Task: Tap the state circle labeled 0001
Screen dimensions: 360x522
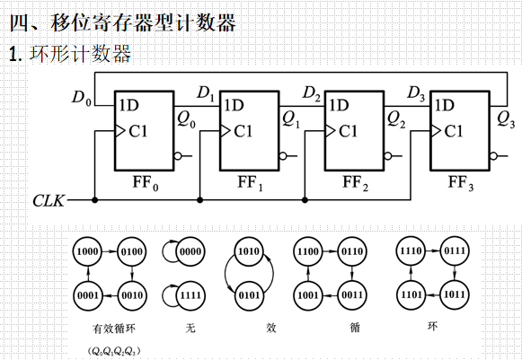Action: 87,294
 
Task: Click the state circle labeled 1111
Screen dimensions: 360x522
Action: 189,294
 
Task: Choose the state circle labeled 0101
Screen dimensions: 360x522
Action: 249,294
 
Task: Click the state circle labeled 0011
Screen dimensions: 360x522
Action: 351,294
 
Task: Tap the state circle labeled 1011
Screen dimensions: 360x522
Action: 456,294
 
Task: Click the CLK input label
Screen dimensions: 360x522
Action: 48,199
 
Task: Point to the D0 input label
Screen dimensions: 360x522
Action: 81,97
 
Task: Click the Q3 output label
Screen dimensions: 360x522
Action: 505,117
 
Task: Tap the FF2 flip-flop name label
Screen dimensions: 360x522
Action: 355,184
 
